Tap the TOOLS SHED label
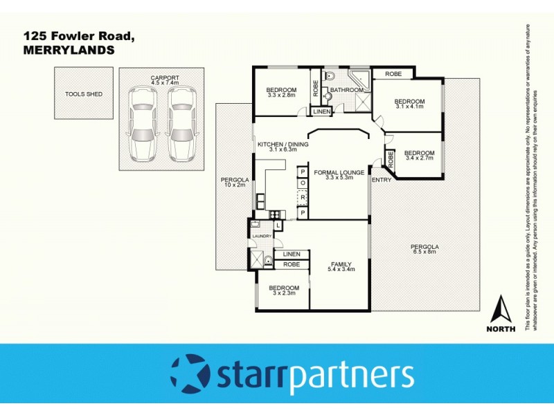point(84,93)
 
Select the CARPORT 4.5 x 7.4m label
point(165,80)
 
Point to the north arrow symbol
point(500,310)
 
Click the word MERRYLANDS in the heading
point(69,50)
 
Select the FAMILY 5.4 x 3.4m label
point(341,267)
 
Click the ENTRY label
point(382,180)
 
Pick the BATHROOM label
point(346,91)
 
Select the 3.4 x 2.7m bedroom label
point(419,156)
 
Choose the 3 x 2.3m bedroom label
point(284,290)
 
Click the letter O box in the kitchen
point(303,183)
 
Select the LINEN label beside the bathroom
point(322,111)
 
